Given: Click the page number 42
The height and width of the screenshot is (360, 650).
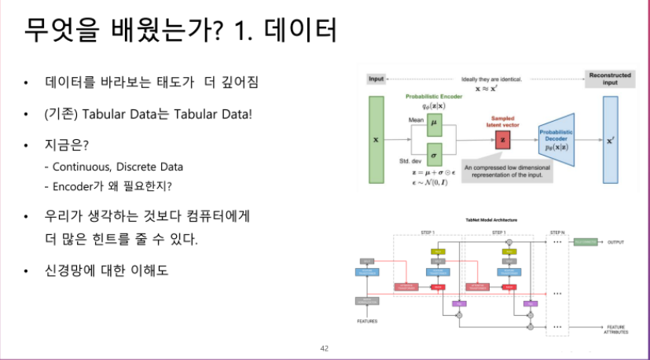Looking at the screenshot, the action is (x=325, y=347).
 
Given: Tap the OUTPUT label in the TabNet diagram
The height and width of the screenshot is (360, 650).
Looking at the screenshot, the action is (x=615, y=242).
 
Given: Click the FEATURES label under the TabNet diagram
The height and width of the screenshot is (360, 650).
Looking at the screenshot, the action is (x=367, y=321).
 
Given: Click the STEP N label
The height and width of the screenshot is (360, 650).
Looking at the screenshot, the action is (x=557, y=233).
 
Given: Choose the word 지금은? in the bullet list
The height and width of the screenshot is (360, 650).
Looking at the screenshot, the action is (x=67, y=147).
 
